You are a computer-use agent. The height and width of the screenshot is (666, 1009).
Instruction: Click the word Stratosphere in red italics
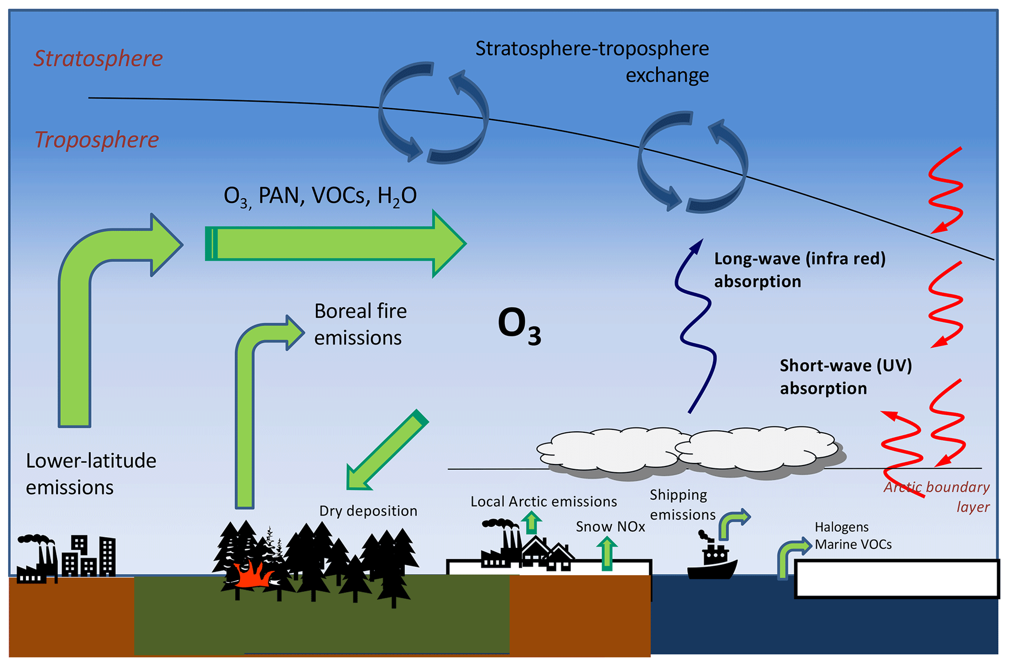tap(98, 59)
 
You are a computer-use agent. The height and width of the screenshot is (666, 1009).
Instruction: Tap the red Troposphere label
tap(97, 140)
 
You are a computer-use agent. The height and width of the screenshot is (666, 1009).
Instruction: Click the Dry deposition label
tap(368, 511)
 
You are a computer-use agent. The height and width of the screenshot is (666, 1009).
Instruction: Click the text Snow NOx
tap(610, 526)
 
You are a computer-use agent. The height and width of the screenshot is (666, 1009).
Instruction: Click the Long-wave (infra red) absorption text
tap(800, 270)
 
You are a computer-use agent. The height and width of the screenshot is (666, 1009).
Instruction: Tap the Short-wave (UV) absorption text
tap(845, 377)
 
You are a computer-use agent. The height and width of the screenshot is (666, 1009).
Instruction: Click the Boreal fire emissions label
tap(360, 324)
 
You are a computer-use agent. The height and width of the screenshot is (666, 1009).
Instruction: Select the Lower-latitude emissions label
tap(91, 474)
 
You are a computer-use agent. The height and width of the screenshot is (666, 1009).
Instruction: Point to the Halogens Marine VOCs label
tap(853, 536)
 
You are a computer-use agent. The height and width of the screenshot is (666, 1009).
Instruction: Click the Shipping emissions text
tap(682, 505)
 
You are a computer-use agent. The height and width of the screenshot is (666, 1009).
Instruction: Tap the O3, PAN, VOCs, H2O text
tap(320, 196)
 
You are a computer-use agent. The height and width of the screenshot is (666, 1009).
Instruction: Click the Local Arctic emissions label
tap(543, 502)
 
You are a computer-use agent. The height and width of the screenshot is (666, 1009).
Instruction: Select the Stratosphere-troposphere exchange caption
tap(592, 62)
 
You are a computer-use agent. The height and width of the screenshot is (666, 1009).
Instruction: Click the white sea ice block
tap(897, 579)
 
